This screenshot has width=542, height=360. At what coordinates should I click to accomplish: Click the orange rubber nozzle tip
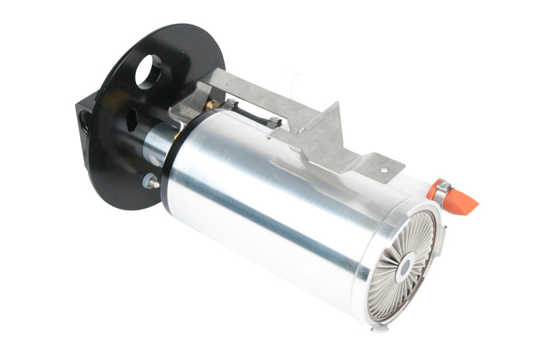[464, 201]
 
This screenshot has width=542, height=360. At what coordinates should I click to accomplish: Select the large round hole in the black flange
[148, 71]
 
